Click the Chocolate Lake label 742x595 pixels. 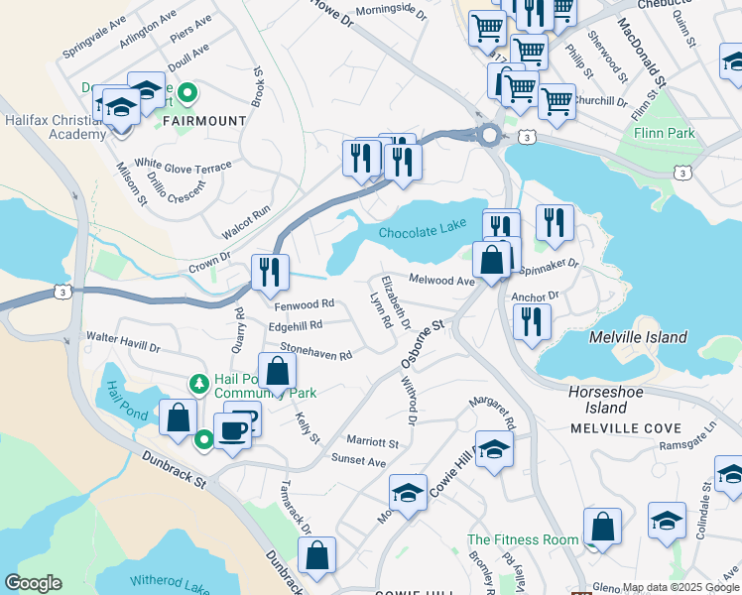[x=422, y=229]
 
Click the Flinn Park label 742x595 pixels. [x=664, y=133]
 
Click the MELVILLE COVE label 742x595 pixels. [x=625, y=428]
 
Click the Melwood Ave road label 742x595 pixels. [x=441, y=281]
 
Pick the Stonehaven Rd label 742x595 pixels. [x=315, y=352]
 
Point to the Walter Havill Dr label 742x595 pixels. [x=122, y=342]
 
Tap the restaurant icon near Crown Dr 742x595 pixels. [x=270, y=272]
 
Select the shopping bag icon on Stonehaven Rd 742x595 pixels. [x=279, y=372]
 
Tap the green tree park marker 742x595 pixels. [x=199, y=383]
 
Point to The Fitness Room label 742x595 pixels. [x=523, y=539]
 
